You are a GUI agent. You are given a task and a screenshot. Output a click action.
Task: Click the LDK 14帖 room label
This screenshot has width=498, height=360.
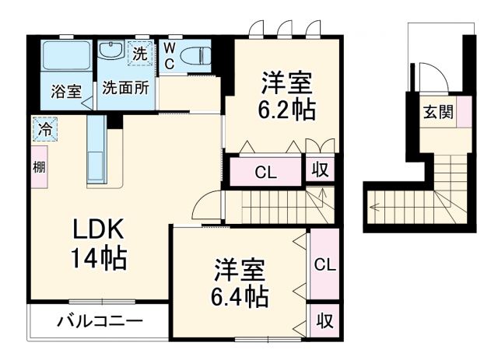pyautogui.click(x=100, y=242)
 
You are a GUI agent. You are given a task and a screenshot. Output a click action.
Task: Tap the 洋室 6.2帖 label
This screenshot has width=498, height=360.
pyautogui.click(x=286, y=95)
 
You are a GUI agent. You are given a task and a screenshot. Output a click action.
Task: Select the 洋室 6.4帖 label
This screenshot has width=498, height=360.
pyautogui.click(x=241, y=283)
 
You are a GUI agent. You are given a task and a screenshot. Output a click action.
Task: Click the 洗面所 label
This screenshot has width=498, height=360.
pyautogui.click(x=126, y=89)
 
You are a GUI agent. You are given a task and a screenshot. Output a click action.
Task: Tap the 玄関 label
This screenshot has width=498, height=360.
pyautogui.click(x=438, y=112)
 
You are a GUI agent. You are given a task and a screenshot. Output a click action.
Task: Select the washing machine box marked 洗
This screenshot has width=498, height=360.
pyautogui.click(x=139, y=55)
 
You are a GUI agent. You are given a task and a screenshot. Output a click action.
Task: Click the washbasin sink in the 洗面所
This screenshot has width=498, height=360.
pyautogui.click(x=111, y=54)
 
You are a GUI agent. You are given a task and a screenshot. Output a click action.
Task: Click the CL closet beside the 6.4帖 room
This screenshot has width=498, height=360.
pyautogui.click(x=324, y=265)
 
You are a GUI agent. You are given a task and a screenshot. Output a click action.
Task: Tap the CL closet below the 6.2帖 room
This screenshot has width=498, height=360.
pyautogui.click(x=265, y=173)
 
